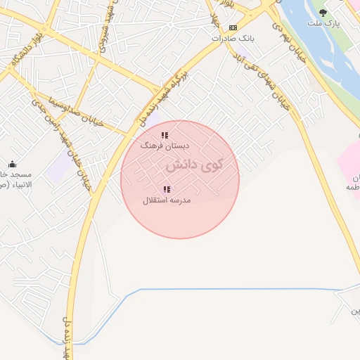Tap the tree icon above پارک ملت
323,13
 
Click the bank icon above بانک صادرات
233,27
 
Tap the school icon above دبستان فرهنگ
165,135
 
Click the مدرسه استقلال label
167,200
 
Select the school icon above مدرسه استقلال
167,189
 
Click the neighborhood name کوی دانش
195,166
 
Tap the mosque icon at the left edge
11,165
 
